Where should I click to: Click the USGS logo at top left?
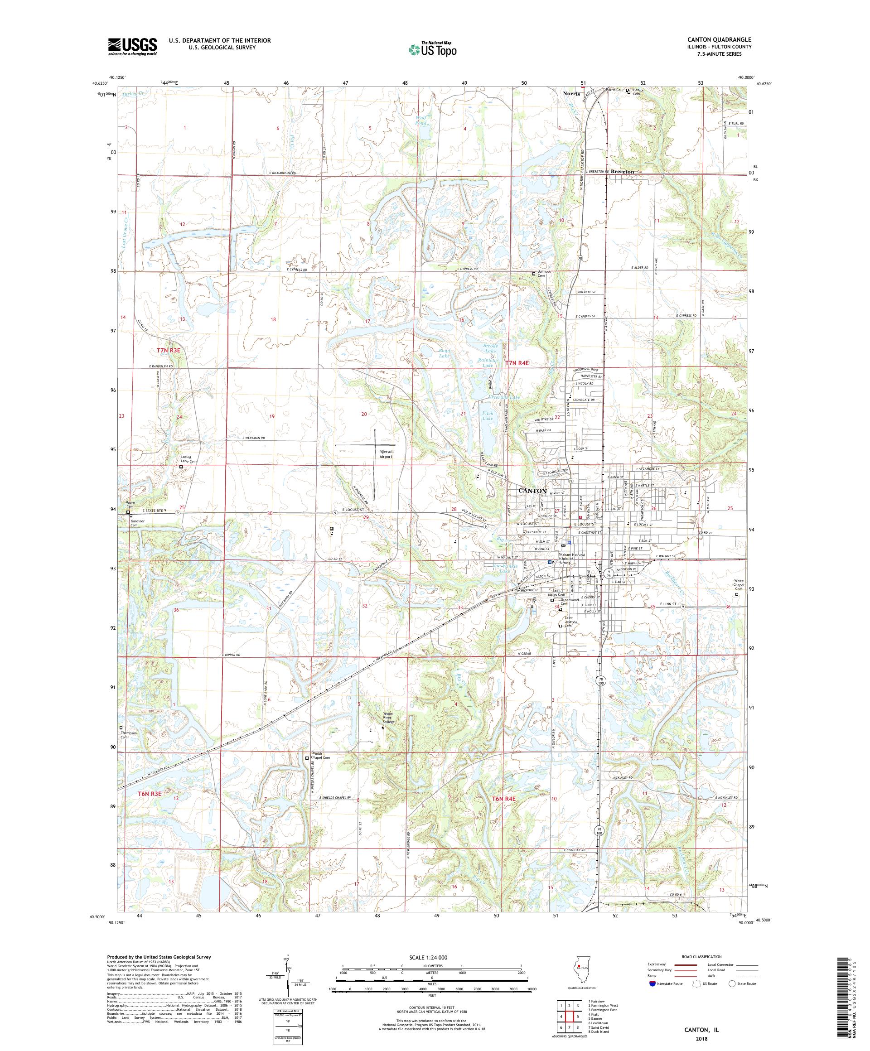click(132, 47)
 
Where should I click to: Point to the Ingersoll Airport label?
click(385, 454)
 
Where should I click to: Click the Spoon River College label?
click(382, 718)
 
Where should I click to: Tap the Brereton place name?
click(622, 172)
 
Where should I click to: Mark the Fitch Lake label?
click(487, 416)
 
